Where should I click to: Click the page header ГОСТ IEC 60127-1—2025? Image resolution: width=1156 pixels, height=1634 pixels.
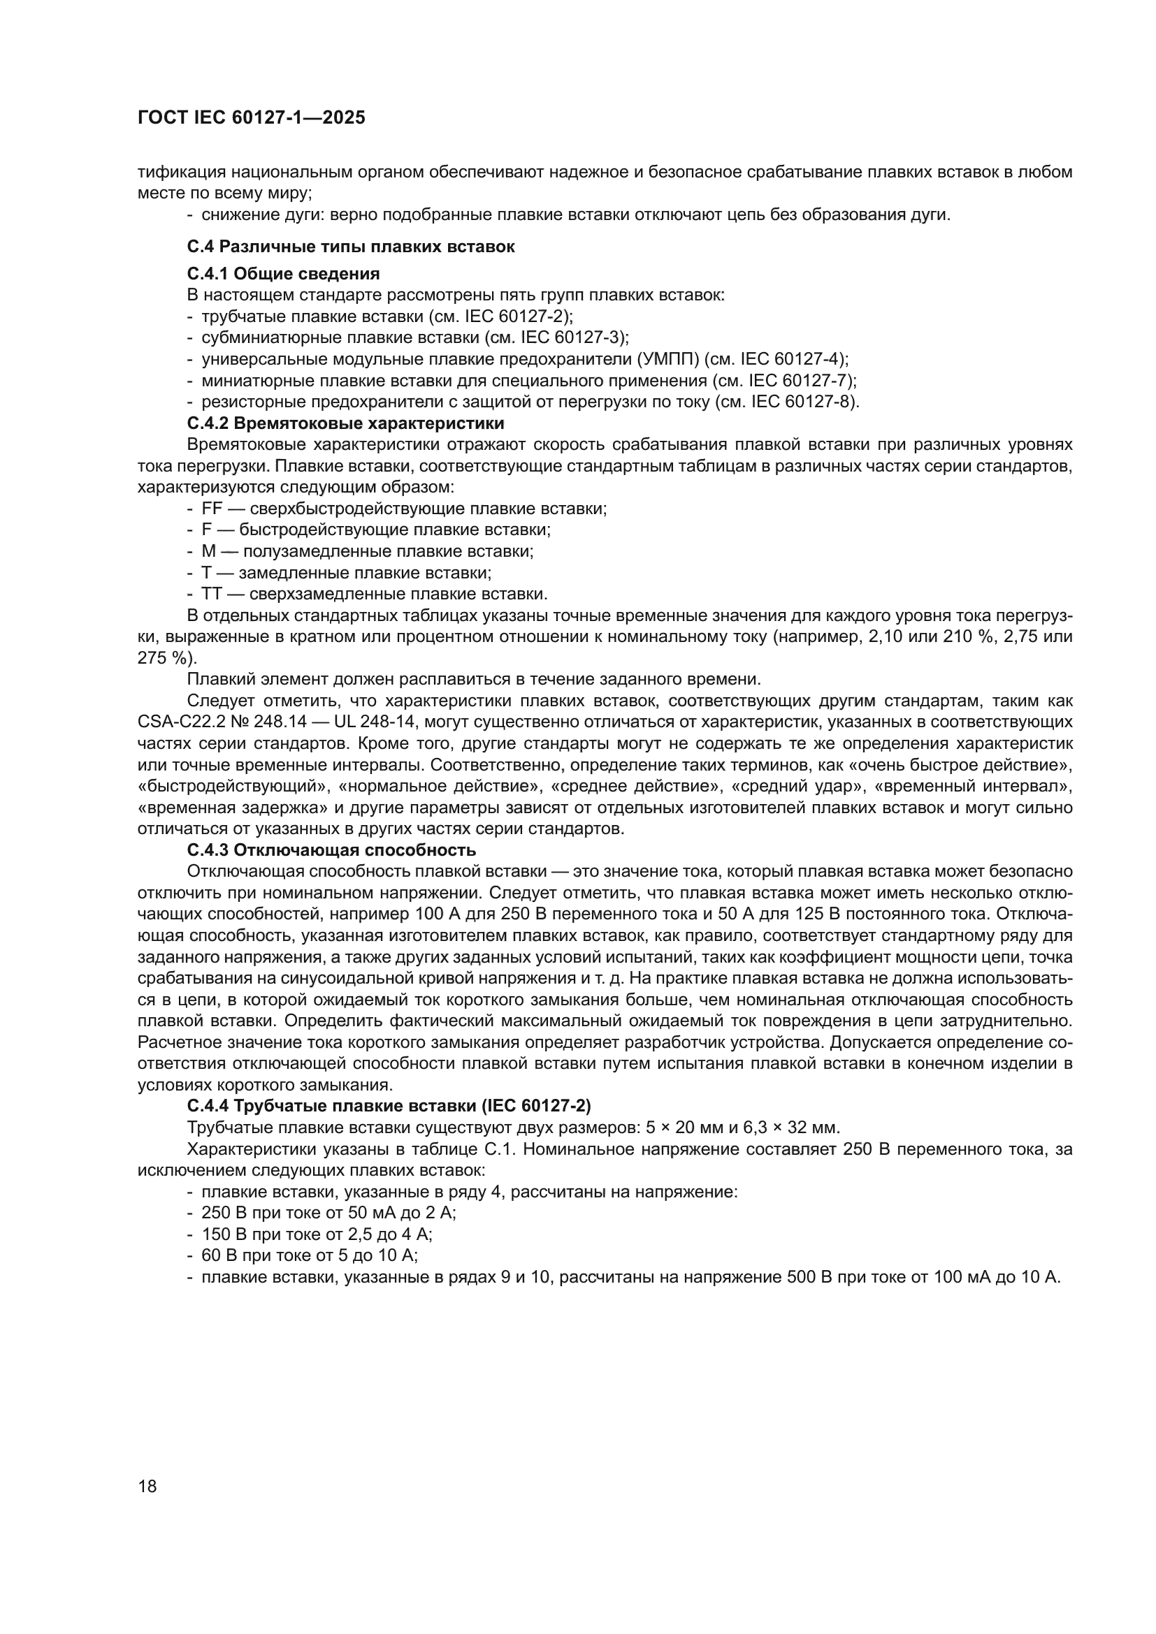click(x=252, y=118)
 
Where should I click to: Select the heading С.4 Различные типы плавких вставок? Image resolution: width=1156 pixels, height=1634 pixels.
click(x=351, y=247)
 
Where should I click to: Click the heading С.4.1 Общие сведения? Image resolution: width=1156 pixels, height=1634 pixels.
click(x=283, y=273)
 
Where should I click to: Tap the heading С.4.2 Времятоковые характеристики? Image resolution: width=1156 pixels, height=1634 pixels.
click(x=345, y=423)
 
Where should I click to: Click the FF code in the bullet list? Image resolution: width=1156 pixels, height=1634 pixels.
click(x=212, y=509)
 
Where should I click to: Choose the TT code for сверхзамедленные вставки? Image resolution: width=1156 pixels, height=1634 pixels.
click(x=212, y=594)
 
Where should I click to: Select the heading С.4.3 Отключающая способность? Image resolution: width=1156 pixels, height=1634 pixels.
click(x=331, y=849)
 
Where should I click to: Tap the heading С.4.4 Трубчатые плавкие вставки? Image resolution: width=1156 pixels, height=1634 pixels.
click(x=389, y=1106)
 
